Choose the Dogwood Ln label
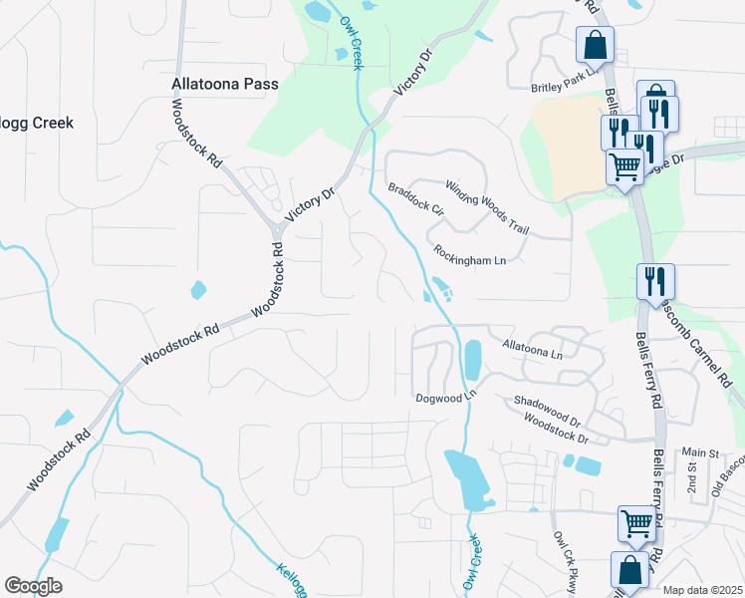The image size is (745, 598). pyautogui.click(x=447, y=398)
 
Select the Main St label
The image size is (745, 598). pyautogui.click(x=700, y=453)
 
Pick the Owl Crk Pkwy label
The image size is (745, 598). pyautogui.click(x=564, y=563)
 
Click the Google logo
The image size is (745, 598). pyautogui.click(x=34, y=586)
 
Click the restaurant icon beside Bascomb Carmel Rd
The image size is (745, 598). pyautogui.click(x=656, y=279)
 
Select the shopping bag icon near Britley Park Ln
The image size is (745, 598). pyautogui.click(x=595, y=44)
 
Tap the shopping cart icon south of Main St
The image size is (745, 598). pyautogui.click(x=636, y=521)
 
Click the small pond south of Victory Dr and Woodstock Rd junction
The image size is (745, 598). pyautogui.click(x=198, y=291)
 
